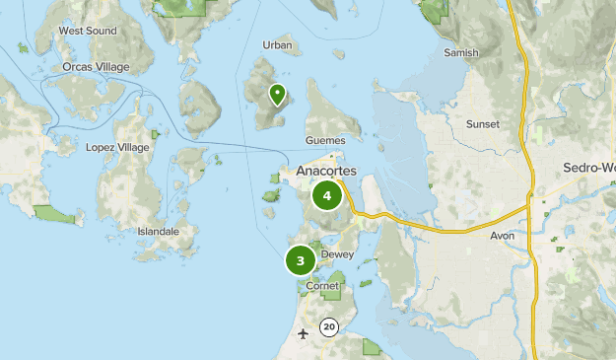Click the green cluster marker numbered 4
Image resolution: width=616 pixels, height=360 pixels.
coord(326,195)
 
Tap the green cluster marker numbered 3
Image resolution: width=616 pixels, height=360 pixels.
coord(301,261)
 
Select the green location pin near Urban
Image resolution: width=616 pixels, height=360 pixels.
coord(278,95)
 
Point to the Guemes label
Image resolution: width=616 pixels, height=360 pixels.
coord(325,140)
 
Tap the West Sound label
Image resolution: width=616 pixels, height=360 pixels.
coord(88,31)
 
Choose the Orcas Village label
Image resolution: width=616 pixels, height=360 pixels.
coord(97,66)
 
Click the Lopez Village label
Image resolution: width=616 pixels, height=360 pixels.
coord(118,147)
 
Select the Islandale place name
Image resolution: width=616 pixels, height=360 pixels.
coord(159,232)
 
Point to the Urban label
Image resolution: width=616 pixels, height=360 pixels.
coord(278,45)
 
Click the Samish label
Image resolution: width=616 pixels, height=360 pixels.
coord(460,53)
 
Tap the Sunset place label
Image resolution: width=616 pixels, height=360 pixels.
coord(482,124)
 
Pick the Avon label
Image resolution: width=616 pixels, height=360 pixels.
coord(503,236)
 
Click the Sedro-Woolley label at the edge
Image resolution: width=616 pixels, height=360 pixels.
coord(588,168)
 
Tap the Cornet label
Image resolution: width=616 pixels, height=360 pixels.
coord(322,286)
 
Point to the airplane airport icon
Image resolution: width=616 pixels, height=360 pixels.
coord(303,332)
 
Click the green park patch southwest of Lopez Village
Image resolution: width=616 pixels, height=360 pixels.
coord(48,213)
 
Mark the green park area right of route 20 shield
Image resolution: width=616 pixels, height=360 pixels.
coord(372,346)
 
